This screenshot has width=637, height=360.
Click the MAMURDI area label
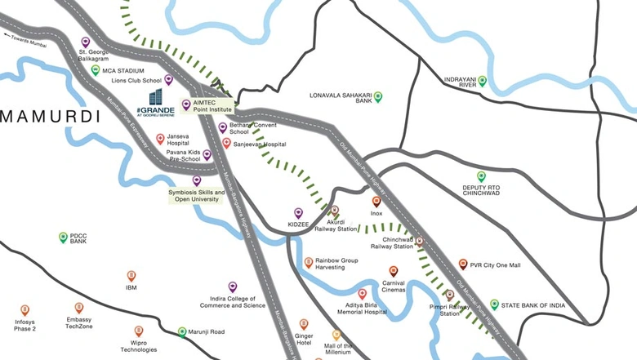tap(50, 117)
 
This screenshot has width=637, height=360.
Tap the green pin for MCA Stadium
tap(96, 70)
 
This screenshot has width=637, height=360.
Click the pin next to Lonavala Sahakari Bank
tap(377, 96)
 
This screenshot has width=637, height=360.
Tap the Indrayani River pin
tap(483, 80)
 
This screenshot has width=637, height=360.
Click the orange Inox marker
tap(376, 201)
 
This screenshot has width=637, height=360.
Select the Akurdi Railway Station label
tap(336, 225)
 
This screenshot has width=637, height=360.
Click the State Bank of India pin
tap(494, 304)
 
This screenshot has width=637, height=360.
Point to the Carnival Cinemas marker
tap(394, 271)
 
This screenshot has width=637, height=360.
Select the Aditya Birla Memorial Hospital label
tap(363, 307)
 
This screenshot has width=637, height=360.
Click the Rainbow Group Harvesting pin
tap(308, 262)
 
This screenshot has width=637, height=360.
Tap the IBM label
tap(131, 287)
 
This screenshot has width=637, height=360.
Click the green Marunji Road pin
tap(182, 331)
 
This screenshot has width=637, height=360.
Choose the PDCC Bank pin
tap(63, 237)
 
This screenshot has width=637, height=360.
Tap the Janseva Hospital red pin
tap(160, 139)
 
